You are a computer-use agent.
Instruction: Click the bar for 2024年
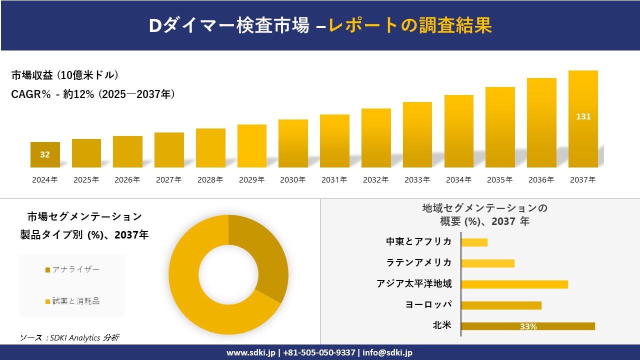tap(45, 155)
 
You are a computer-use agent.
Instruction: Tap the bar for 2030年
tap(293, 143)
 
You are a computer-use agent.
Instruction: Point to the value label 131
tap(583, 116)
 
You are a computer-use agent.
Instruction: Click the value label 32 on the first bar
tap(45, 154)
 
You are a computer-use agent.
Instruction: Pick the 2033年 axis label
tap(417, 179)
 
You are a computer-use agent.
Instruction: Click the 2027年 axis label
tap(168, 179)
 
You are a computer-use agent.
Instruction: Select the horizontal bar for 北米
tap(527, 326)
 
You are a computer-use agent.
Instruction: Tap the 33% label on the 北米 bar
tap(528, 326)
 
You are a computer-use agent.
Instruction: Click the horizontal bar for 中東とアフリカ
tap(474, 242)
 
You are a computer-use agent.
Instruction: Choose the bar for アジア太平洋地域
tap(514, 284)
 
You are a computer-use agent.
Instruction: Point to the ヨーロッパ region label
tap(428, 304)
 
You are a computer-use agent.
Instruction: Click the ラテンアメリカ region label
tap(418, 262)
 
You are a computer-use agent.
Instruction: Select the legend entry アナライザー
tap(72, 269)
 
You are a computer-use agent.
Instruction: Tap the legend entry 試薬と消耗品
tap(72, 301)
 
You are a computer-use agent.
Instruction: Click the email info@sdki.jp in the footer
tap(387, 352)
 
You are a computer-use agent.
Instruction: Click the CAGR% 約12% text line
tap(93, 94)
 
